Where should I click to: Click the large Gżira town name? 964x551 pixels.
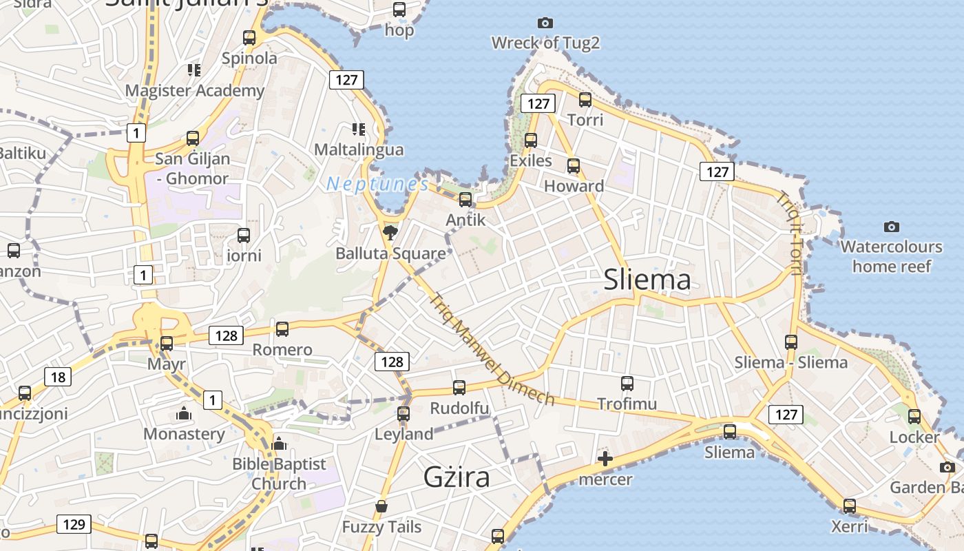coord(457,477)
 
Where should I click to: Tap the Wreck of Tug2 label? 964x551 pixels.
coord(545,43)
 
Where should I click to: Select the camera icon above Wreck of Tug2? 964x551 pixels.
coord(545,23)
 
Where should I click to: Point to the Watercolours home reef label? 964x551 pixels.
coord(891,256)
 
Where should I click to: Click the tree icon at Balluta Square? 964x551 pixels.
coord(390,231)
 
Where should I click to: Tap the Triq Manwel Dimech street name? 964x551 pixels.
coord(492,350)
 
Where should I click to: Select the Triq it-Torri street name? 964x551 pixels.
coord(790,233)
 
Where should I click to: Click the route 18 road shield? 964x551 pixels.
coord(58,377)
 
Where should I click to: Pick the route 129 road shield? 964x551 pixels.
coord(74,524)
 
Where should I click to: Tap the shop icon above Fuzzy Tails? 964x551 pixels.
coord(381,508)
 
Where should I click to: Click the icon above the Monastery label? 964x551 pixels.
coord(184,414)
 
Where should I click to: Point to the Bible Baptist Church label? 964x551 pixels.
coord(279,474)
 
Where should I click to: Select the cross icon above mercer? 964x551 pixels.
coord(605,459)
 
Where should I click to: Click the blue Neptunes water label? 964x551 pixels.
coord(377,184)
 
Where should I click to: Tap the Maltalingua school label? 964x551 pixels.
coord(359,149)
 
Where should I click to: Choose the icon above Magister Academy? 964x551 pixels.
coord(194,70)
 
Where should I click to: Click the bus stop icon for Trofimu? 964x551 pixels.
coord(627,384)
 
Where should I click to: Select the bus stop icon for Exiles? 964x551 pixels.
coord(531,141)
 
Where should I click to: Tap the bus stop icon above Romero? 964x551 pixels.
coord(282,329)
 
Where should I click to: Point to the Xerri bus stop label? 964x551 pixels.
coord(849,527)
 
